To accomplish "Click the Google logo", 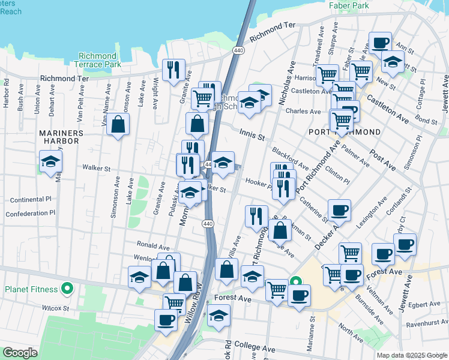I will [x=20, y=353].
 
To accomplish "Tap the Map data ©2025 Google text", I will [x=412, y=355].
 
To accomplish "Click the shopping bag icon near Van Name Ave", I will [x=118, y=125].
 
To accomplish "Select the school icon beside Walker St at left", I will [x=50, y=161].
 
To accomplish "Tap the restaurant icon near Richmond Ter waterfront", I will [x=173, y=70].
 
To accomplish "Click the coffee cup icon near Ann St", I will [x=380, y=43].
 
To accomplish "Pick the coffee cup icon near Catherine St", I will [x=339, y=211].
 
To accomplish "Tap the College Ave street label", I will [x=255, y=348].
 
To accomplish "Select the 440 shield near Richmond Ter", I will [x=238, y=51].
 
